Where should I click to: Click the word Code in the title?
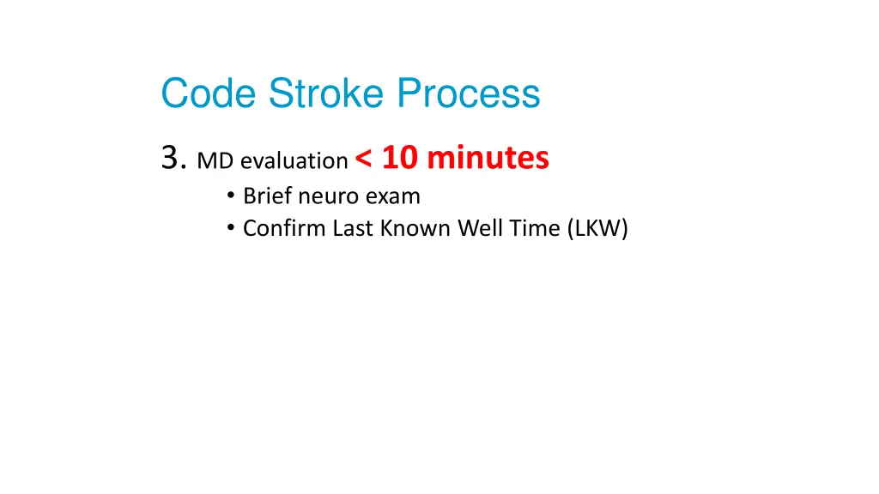tap(209, 93)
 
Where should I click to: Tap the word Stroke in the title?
tap(326, 93)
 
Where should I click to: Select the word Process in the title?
tap(469, 93)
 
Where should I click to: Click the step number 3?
tap(173, 158)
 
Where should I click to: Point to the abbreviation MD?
tap(215, 161)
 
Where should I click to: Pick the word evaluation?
tap(294, 161)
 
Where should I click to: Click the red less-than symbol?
tap(363, 159)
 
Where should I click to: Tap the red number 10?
tap(400, 158)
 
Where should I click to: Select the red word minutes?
tap(488, 158)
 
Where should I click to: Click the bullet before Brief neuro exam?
tap(231, 195)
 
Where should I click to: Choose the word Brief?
tap(268, 196)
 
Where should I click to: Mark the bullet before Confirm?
tap(231, 227)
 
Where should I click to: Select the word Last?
tap(353, 228)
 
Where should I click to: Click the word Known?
tap(415, 228)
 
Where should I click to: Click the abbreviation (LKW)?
tap(597, 228)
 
